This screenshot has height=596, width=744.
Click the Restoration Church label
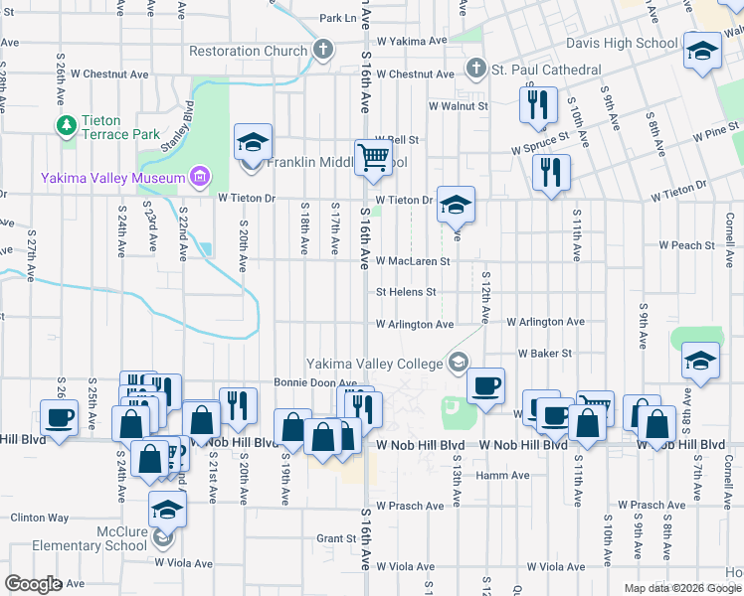coord(249,51)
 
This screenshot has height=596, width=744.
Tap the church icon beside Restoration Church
coord(322,50)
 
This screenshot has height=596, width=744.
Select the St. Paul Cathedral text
coord(545,71)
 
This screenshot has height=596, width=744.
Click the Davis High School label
coord(622,44)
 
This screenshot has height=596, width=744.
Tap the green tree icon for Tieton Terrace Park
coord(67,125)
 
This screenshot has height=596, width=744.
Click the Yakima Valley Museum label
coord(113,179)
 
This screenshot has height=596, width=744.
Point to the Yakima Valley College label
coord(373,364)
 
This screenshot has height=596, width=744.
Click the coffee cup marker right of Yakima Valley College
coord(484,385)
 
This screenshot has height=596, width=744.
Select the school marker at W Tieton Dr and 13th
coord(456,206)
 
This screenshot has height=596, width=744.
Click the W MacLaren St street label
coord(413,261)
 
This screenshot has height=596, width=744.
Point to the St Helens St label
coord(406,292)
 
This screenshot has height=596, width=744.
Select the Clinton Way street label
coord(39,518)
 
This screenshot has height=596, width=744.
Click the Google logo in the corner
coord(33,584)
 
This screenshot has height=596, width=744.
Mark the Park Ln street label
coord(337,18)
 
